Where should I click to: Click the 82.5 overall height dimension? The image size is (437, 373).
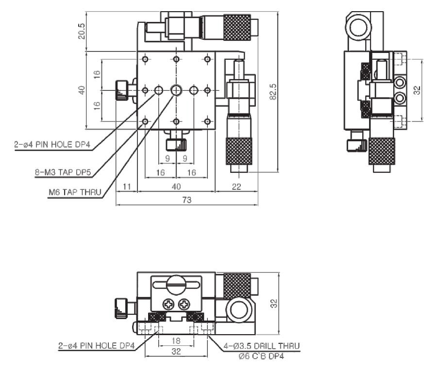pos(273,91)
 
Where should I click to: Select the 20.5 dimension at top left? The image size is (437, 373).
pos(82,31)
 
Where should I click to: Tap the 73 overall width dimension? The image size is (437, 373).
pos(187,200)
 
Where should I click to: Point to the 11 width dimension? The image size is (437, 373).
pos(127,186)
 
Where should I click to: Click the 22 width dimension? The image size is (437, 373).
pos(236,186)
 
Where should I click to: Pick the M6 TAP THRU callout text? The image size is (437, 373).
pos(75,192)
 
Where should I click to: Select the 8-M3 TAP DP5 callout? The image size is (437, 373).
pos(63,172)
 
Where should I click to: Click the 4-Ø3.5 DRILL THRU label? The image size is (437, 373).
pos(262,346)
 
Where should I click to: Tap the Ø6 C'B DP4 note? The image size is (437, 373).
pos(261,356)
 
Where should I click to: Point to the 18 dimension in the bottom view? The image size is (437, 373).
pos(176,340)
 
